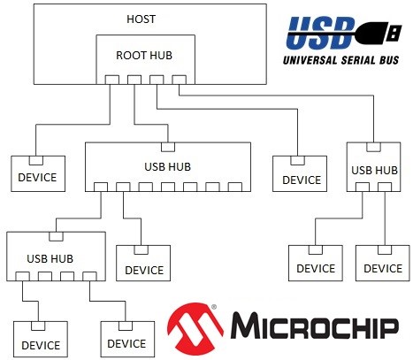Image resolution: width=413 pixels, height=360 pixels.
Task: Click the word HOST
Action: (141, 19)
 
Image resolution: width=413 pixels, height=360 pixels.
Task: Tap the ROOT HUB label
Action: (144, 56)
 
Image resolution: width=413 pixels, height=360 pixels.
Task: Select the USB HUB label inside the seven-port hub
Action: (167, 167)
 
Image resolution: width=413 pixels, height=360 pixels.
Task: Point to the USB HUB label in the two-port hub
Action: (374, 171)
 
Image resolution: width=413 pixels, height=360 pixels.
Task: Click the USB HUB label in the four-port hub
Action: (50, 259)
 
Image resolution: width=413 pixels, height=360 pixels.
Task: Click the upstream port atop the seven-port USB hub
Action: (168, 147)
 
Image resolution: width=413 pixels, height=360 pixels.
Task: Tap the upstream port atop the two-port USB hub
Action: (373, 147)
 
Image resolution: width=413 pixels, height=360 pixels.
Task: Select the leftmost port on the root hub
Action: (112, 80)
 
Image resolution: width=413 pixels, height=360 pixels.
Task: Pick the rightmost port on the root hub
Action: (180, 80)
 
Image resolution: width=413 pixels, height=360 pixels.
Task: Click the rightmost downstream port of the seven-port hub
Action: (235, 187)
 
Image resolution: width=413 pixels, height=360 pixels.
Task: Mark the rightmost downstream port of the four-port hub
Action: (89, 276)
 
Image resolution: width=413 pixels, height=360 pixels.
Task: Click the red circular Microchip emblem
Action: (195, 328)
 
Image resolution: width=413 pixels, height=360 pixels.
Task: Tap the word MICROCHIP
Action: (315, 326)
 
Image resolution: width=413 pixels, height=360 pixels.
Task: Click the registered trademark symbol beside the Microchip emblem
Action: (214, 307)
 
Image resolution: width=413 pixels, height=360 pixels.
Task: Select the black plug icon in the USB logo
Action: (379, 32)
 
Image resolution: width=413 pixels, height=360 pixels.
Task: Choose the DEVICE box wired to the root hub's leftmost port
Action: (38, 173)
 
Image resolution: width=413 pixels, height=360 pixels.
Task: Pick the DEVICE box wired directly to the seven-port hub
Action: (143, 263)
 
